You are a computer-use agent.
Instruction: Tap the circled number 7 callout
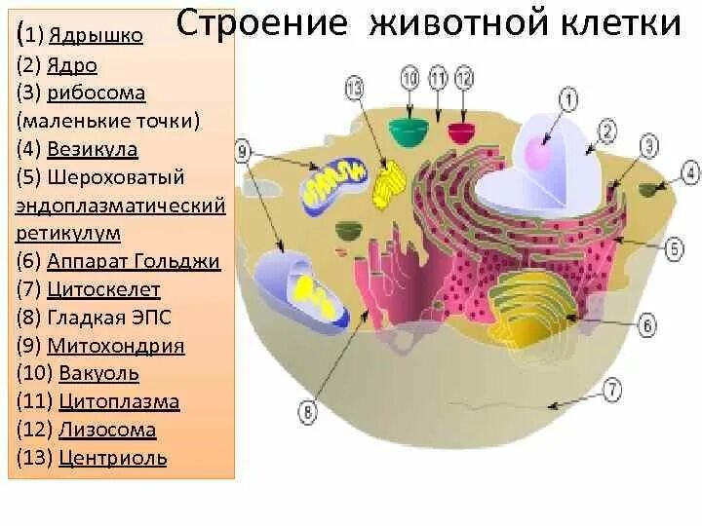point(611,392)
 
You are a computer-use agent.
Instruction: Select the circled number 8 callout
point(307,413)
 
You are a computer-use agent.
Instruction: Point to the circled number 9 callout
point(244,151)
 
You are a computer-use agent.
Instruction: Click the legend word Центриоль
point(112,458)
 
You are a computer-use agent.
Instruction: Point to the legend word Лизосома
point(107,430)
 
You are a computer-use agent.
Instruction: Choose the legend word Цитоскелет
point(109,289)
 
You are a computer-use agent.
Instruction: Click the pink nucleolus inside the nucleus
point(538,153)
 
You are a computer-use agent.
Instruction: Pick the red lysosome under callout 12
point(460,131)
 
